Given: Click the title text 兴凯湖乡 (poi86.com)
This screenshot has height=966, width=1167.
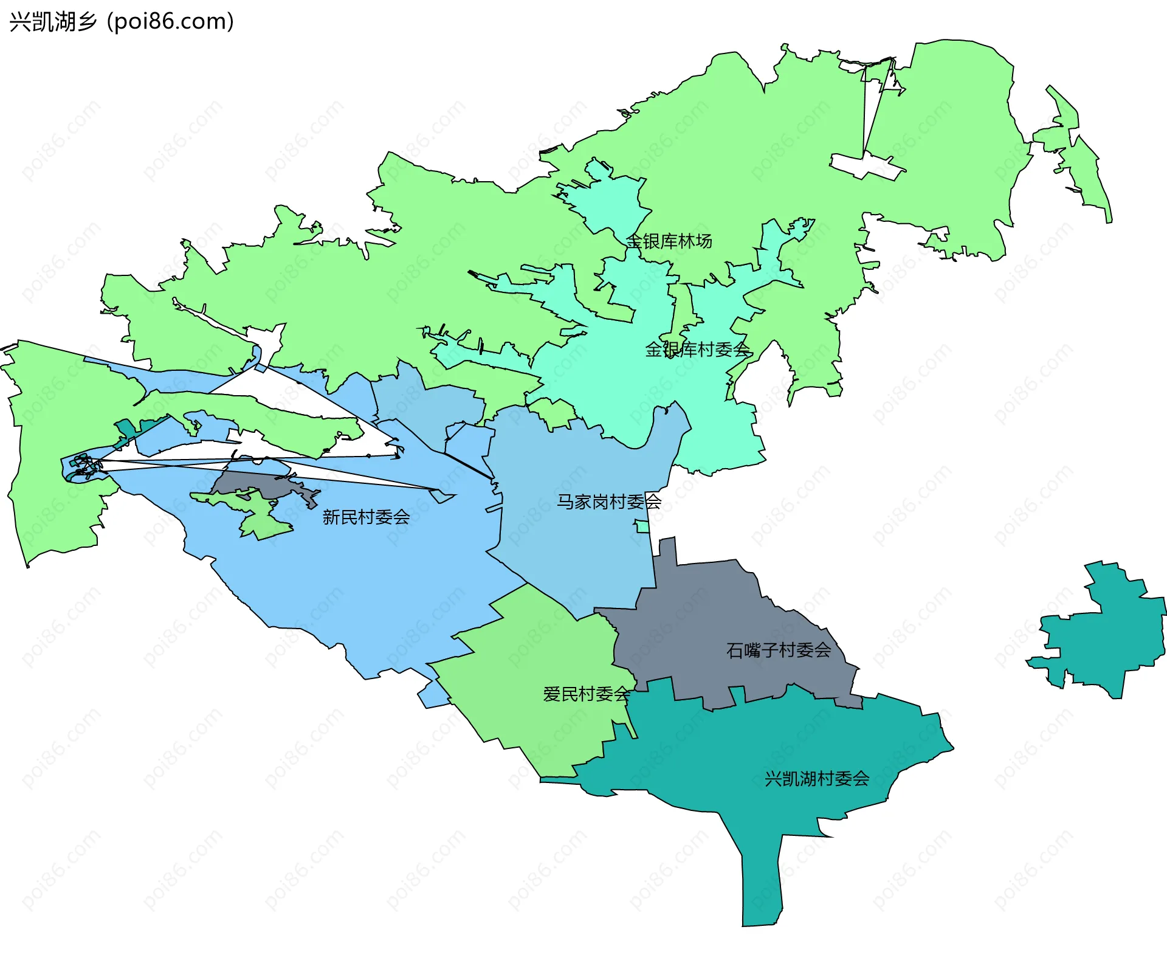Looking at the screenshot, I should tap(122, 22).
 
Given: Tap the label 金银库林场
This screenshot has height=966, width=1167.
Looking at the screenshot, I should tap(669, 241).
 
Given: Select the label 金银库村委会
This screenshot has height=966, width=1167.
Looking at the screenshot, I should tap(697, 350).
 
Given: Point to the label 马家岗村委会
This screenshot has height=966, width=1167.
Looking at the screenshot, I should tap(609, 502).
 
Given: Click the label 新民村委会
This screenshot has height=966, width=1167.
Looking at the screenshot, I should tap(366, 517).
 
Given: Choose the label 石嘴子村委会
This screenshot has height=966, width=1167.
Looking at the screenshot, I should tap(779, 650).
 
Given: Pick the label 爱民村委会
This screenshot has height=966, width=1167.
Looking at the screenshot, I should tap(586, 694).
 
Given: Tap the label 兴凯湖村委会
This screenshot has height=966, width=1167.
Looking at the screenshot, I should tap(817, 779).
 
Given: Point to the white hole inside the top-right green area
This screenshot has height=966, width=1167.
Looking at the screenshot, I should tap(866, 165).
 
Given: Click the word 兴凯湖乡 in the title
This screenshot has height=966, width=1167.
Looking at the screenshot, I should tap(53, 22).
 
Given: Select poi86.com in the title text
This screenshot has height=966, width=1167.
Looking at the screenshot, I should tap(170, 22).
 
